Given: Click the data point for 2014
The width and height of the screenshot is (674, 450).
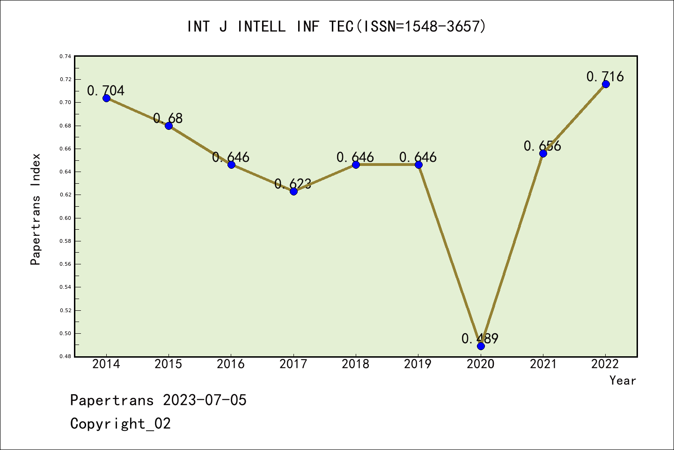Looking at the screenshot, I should point(106,98).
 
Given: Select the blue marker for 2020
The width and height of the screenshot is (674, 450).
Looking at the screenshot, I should point(481,346).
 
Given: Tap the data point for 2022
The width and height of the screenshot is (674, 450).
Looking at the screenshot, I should point(606,84).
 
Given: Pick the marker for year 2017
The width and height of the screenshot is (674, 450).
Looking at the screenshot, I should point(293,191).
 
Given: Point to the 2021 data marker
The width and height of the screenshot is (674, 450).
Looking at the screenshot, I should point(543,153).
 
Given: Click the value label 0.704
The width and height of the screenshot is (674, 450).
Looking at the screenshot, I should point(106,90).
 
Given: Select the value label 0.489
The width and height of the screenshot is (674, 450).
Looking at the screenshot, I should point(480,338).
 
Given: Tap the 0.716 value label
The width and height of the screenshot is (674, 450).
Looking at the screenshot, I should point(605,76).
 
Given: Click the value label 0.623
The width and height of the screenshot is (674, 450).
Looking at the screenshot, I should point(293,184).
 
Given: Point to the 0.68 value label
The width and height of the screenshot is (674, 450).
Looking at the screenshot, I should point(168,118).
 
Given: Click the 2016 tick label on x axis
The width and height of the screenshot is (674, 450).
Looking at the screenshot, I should point(231,364).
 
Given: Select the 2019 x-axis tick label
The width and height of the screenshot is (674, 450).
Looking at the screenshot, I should point(418,364).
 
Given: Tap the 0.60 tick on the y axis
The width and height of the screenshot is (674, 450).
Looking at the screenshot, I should point(65,218).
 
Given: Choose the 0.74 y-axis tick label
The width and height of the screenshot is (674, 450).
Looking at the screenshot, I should point(65,56).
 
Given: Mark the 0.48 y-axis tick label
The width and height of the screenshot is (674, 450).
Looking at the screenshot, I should point(65,357).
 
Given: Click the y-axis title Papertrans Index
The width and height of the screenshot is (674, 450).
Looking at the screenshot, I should point(36,209).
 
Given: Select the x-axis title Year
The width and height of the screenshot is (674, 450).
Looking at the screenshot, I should point(623,381).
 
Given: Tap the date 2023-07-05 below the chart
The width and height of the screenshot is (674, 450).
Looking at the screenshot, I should point(205,400).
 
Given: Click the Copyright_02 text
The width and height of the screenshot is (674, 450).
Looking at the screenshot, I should point(120,424).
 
